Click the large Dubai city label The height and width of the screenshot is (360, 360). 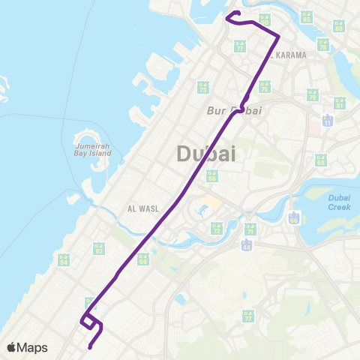point(206,154)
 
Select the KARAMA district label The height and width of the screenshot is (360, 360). point(289,55)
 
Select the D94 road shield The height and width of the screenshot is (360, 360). point(64,259)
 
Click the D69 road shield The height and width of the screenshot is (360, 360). point(142,259)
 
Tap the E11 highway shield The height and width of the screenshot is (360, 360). point(327,120)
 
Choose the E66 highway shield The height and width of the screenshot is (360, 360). point(294,218)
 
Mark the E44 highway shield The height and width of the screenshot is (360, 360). point(246,245)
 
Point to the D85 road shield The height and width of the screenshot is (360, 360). point(264,18)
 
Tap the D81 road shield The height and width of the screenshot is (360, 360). point(340,102)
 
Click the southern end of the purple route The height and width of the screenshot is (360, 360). point(89,346)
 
